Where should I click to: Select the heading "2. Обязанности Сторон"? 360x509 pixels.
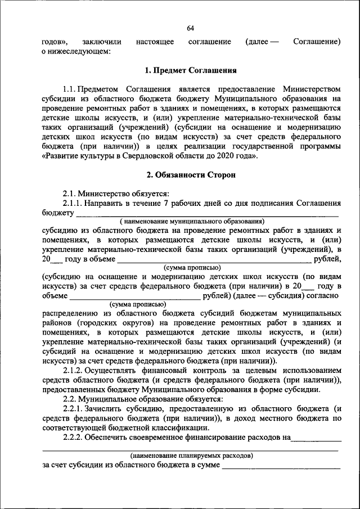190,175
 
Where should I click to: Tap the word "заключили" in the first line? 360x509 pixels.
97,42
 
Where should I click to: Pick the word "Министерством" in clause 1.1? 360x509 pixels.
312,89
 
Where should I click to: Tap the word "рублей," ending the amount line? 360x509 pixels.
327,258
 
